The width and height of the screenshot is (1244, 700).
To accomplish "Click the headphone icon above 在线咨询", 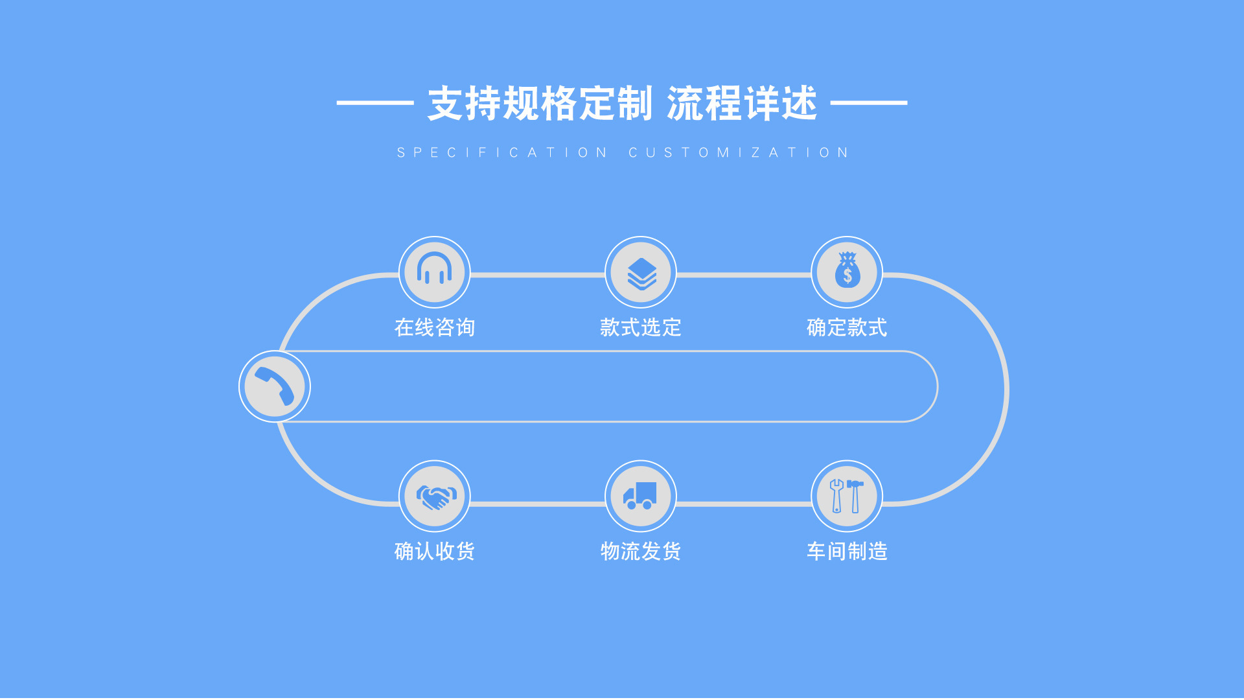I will (x=434, y=270).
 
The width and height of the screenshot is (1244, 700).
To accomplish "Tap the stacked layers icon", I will (x=641, y=273).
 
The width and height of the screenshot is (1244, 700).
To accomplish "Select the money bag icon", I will (x=847, y=272).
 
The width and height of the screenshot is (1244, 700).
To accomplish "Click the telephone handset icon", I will (x=275, y=386).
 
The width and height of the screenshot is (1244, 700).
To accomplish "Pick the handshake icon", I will (x=435, y=496).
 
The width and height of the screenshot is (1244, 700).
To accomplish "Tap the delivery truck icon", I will (x=640, y=496).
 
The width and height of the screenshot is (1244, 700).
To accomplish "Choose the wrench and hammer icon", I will (x=846, y=496).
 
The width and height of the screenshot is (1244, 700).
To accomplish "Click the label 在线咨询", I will (x=435, y=327).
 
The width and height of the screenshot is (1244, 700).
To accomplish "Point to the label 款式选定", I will (x=641, y=327).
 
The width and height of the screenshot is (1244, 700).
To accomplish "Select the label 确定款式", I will (x=847, y=327).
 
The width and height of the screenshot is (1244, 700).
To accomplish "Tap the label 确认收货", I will (x=435, y=551).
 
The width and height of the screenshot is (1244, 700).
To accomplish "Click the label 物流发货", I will (x=641, y=551).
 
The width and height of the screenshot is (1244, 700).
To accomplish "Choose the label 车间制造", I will (x=847, y=551).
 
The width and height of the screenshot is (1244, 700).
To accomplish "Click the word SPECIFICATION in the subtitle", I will (x=502, y=153).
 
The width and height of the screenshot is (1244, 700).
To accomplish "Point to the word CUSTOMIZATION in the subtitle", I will (x=739, y=153).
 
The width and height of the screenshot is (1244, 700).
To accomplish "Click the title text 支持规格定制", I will (x=540, y=104).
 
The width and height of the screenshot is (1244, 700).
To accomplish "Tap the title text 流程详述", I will (x=742, y=104).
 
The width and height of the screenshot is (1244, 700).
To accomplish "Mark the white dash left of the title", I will (x=375, y=102).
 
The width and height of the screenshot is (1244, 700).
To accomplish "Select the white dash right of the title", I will (x=869, y=102).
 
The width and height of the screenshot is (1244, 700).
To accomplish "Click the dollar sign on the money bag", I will (x=847, y=277).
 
